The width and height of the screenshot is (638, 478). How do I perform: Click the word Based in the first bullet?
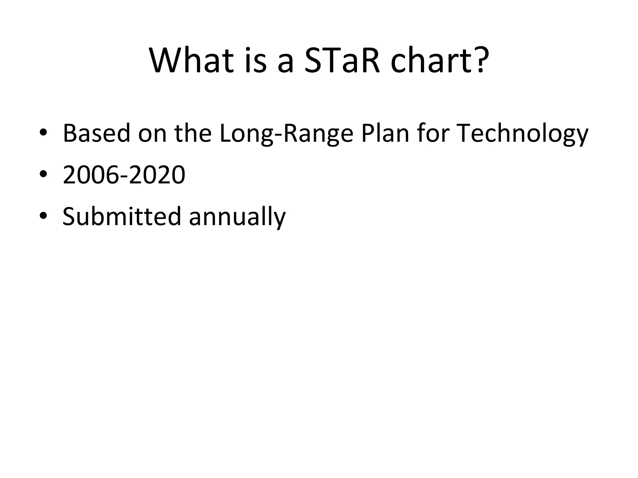coord(96,134)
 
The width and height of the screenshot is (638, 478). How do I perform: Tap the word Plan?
coord(385,134)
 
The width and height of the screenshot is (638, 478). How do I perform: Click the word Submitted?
coord(121,216)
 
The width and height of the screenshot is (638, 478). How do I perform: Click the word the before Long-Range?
coord(193,134)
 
